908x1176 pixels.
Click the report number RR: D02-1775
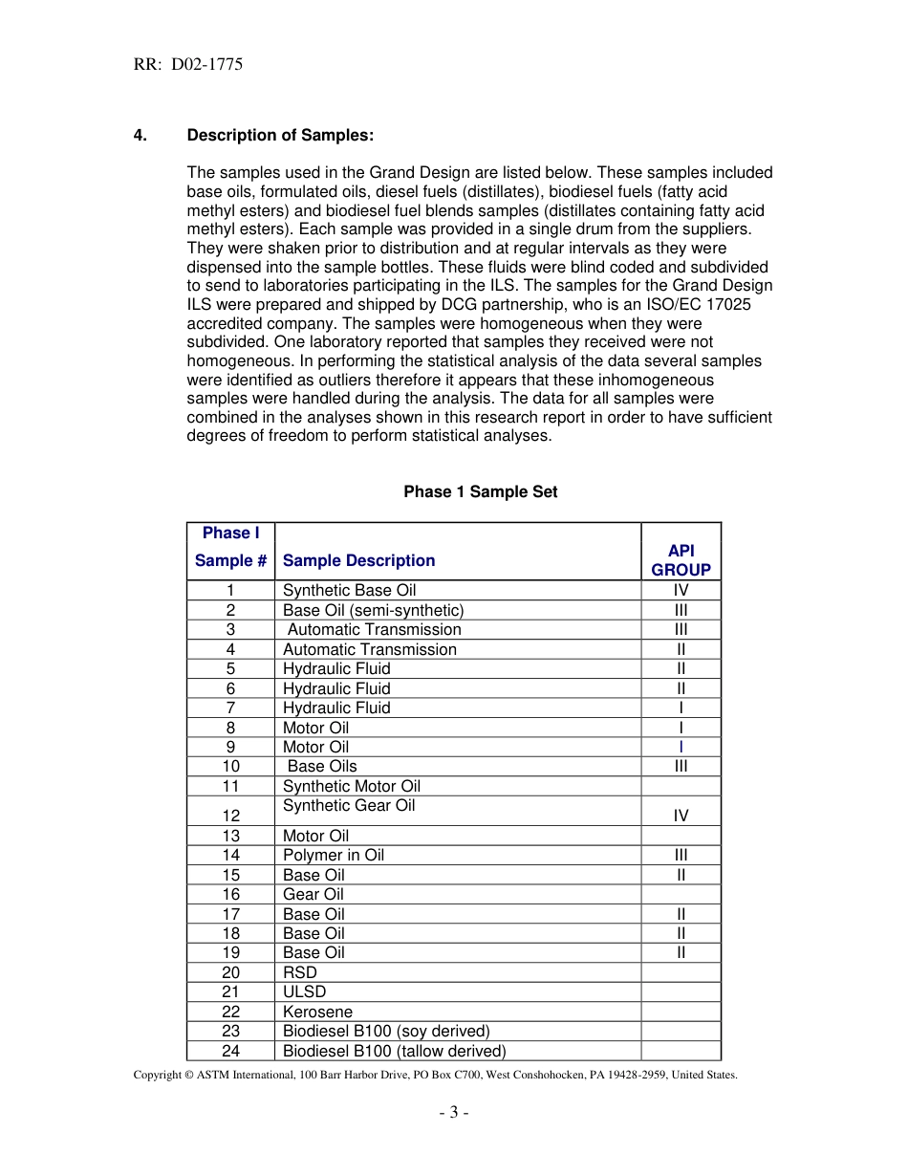coord(187,65)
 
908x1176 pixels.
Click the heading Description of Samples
coord(280,135)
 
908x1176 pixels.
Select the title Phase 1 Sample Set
coord(480,491)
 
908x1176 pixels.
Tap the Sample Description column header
coord(358,560)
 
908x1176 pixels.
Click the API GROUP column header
coord(681,560)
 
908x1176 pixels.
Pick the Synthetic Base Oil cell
coord(349,590)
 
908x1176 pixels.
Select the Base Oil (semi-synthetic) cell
coord(373,610)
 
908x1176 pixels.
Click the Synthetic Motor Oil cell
coord(351,786)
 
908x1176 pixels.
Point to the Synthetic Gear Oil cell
coord(349,806)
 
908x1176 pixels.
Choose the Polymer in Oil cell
coord(333,855)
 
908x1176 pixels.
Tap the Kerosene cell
coord(317,1012)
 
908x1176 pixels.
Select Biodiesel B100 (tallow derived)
coord(394,1051)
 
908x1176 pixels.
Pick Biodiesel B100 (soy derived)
coord(386,1031)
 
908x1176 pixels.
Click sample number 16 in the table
coord(230,894)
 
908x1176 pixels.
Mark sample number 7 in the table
coord(230,708)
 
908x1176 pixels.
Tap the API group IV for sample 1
coord(681,590)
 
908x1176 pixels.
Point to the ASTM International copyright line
coord(435,1075)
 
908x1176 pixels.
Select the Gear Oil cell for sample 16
coord(313,894)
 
